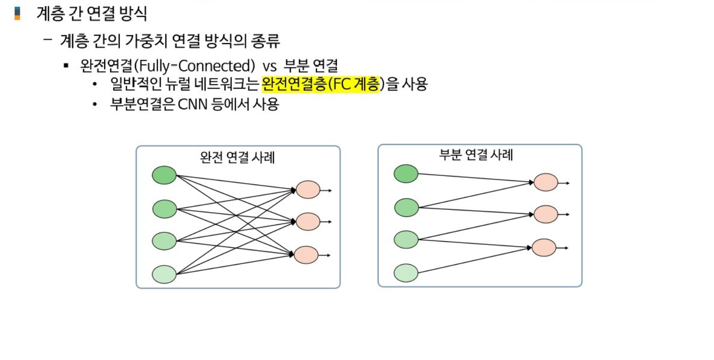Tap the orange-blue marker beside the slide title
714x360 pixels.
[18, 13]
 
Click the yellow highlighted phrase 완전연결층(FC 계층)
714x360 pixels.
[320, 84]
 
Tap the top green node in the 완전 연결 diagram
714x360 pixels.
[164, 175]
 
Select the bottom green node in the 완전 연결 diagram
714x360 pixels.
[164, 274]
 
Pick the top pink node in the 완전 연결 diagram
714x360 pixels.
[308, 190]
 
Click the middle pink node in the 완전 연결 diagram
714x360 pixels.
[308, 221]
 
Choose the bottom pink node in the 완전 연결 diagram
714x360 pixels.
[306, 254]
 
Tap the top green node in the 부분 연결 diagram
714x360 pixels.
[406, 174]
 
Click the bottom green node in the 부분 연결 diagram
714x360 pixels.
[406, 273]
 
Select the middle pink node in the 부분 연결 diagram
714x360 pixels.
[546, 214]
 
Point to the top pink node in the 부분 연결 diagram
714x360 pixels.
[546, 182]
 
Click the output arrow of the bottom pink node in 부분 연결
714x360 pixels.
[562, 248]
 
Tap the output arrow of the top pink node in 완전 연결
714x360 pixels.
[326, 190]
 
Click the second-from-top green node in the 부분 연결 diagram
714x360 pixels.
[406, 207]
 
